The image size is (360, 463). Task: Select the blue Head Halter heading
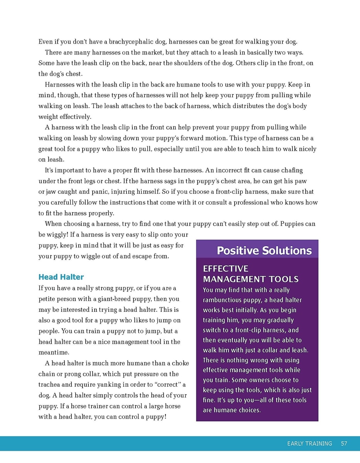[61, 277]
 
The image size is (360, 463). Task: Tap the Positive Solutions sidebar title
[264, 251]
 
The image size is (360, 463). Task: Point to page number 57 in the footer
[344, 444]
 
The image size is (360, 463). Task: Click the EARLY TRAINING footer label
[309, 444]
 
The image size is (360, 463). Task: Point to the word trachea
[50, 385]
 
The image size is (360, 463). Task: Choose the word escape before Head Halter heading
[138, 256]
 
